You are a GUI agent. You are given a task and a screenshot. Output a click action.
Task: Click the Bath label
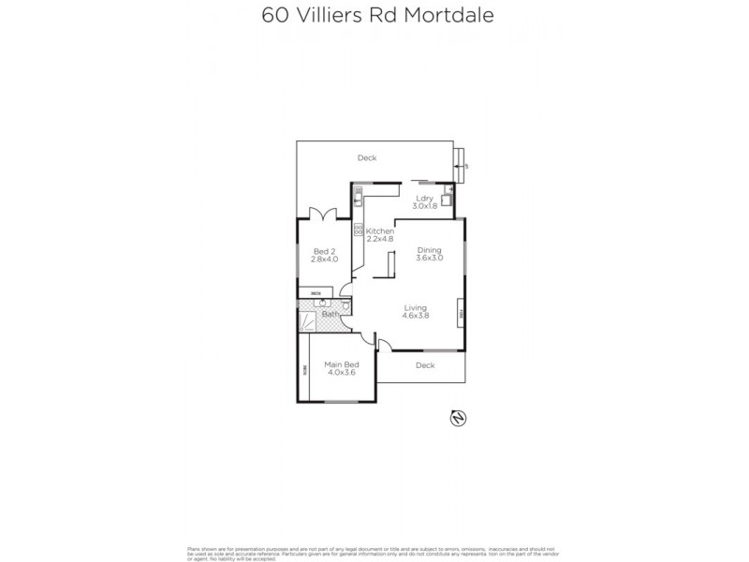tap(330, 315)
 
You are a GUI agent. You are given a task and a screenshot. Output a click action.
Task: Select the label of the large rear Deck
tap(367, 158)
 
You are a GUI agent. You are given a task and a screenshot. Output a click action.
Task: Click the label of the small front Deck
tap(425, 365)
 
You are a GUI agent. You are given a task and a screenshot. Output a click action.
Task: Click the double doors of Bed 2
tap(324, 213)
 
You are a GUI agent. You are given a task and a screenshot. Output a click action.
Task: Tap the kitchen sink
tap(357, 198)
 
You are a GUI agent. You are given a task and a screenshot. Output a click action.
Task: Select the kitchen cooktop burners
tap(357, 229)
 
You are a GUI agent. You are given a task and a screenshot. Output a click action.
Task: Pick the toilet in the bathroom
tap(346, 305)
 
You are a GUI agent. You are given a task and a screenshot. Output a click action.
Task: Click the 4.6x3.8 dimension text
tap(417, 317)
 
